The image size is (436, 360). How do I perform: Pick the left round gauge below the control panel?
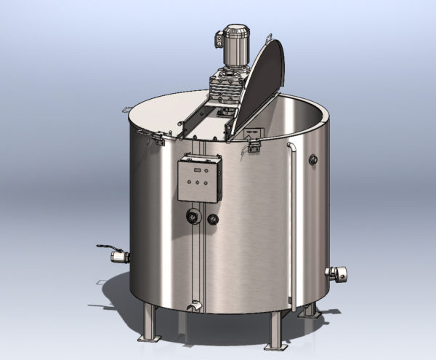pyautogui.click(x=193, y=216)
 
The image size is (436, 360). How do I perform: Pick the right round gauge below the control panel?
pyautogui.click(x=213, y=217)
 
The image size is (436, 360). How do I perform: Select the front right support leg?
pyautogui.click(x=276, y=331)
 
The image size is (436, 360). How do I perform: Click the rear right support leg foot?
pyautogui.click(x=310, y=311)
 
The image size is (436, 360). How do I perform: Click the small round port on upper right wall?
pyautogui.click(x=314, y=158)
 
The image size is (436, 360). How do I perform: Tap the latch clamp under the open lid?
pyautogui.click(x=254, y=145)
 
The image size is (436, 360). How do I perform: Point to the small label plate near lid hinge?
pyautogui.click(x=254, y=132)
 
